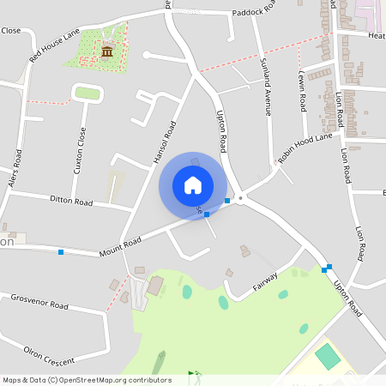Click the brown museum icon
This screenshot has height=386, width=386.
107,53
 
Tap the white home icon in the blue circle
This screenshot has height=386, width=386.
193,184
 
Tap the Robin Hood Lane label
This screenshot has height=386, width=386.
304,148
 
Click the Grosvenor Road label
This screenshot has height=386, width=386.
39,305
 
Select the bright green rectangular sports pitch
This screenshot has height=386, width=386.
327,356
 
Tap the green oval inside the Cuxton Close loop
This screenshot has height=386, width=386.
87,93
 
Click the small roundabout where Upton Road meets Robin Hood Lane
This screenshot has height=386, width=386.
241,198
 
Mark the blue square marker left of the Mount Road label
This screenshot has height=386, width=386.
61,252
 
